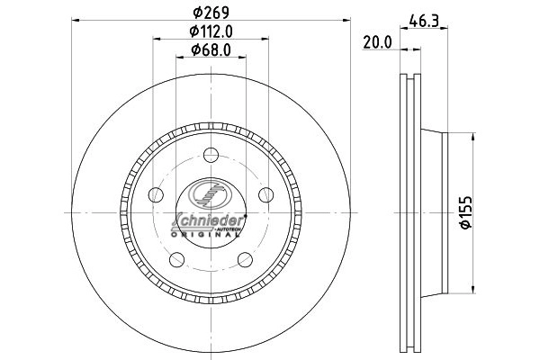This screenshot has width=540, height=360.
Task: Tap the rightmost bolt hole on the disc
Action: click(x=266, y=194)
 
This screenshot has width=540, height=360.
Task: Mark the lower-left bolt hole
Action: click(x=176, y=260)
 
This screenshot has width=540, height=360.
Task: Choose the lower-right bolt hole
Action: click(x=245, y=260)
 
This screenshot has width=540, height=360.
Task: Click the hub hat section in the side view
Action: click(x=432, y=212)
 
